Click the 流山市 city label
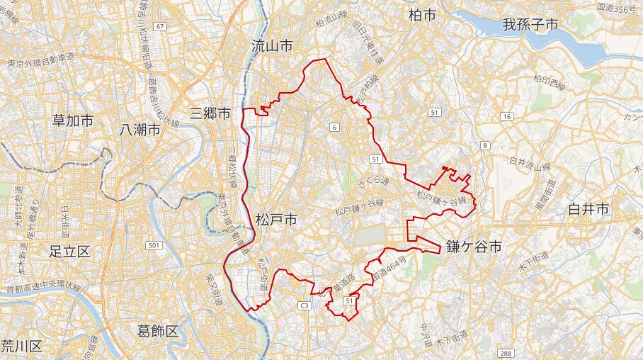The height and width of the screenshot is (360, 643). [272, 46]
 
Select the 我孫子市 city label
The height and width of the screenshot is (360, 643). [530, 25]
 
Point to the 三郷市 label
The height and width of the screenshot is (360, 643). [210, 113]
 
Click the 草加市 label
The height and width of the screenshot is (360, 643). [73, 120]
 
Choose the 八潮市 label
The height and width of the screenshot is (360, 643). [140, 129]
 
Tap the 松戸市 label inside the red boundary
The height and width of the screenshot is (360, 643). [275, 220]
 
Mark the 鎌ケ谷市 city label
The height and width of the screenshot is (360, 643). [474, 247]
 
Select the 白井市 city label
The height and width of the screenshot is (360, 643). [588, 209]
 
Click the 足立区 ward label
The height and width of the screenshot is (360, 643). [70, 251]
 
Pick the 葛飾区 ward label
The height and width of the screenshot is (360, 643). [158, 330]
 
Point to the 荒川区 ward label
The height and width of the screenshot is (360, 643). [22, 347]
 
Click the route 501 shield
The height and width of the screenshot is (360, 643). [154, 245]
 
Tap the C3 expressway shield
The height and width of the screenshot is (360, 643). [305, 305]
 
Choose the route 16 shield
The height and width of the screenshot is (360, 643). [506, 116]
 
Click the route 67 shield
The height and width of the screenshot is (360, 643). [161, 26]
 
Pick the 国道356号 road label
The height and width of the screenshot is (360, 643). [618, 6]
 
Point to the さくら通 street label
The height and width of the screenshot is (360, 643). [373, 182]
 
